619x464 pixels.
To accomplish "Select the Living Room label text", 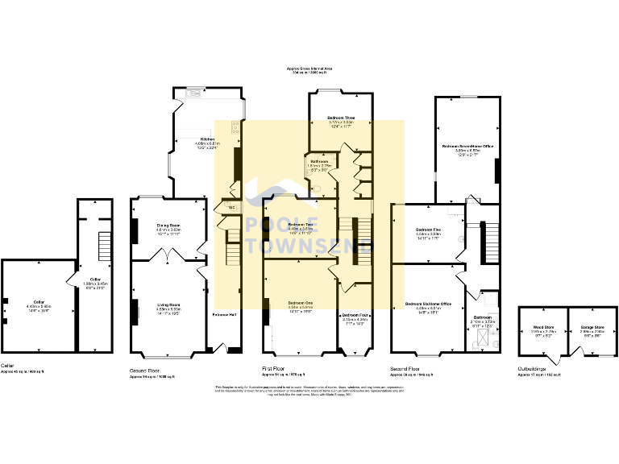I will [x=168, y=304].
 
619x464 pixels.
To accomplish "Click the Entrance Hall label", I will [x=223, y=313].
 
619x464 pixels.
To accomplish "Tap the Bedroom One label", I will [x=300, y=304].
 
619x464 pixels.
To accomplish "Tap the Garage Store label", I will [x=592, y=328].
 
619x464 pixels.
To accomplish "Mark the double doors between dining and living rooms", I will [x=168, y=255].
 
